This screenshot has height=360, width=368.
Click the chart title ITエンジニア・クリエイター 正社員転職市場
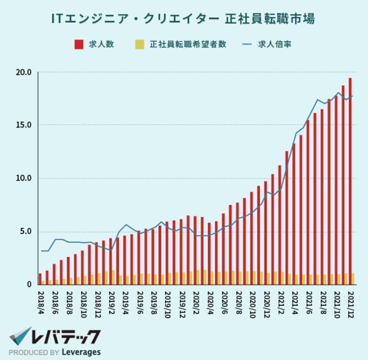pos(183,19)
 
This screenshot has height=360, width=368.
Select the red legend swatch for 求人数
pos(79,45)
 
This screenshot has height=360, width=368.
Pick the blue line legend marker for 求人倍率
pos(248,45)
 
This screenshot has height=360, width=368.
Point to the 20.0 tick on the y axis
pos(24,72)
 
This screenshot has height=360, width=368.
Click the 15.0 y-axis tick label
pos(24,125)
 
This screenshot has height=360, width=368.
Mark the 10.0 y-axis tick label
pos(24,178)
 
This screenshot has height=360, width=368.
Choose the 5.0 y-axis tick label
pos(26,232)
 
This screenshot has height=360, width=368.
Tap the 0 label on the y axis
pos(28,285)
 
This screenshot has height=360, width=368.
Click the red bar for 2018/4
pos(40,279)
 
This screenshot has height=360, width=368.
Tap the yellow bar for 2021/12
pos(353,279)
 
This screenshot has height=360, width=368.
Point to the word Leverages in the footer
pos(80,353)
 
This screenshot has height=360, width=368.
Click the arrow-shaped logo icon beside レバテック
pos(22,336)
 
